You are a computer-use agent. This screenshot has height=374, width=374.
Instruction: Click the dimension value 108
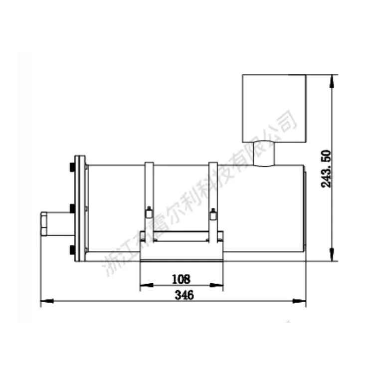coord(181,278)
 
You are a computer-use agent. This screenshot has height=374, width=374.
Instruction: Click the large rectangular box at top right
coord(274,107)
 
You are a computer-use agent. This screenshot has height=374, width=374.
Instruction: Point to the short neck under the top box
coord(264,153)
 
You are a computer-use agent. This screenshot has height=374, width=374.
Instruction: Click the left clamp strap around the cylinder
coord(149,199)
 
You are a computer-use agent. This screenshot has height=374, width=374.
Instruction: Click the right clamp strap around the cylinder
coord(213,199)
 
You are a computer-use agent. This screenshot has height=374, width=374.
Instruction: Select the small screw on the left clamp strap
coord(148,213)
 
